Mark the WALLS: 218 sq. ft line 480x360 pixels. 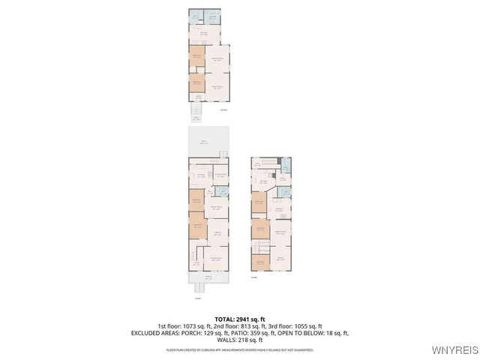(239, 340)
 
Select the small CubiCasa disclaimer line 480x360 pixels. (239, 349)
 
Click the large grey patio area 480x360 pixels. (208, 142)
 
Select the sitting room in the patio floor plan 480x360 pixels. (220, 176)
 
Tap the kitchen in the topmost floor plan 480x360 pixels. (203, 34)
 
